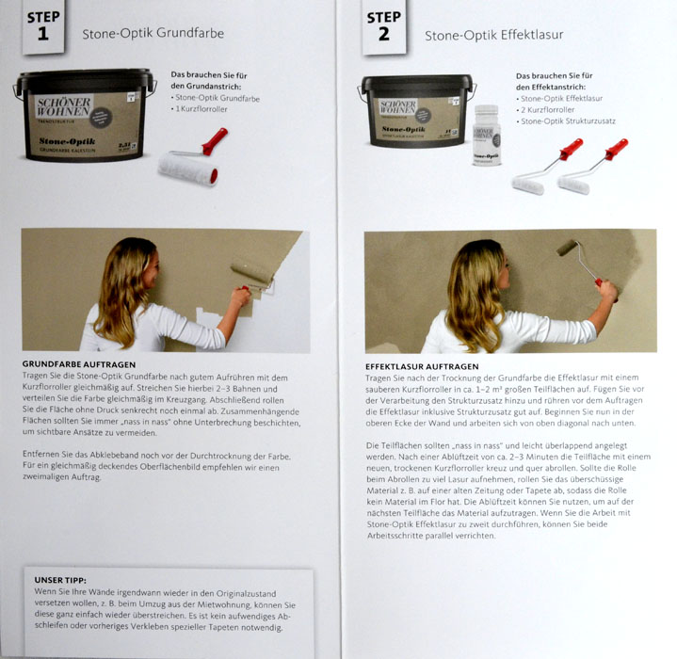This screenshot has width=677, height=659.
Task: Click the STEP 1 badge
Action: pyautogui.click(x=43, y=26)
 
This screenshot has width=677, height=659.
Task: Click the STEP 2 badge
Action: pyautogui.click(x=384, y=26)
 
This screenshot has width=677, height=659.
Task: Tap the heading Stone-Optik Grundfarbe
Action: pyautogui.click(x=153, y=33)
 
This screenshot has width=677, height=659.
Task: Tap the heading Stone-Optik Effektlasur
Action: pyautogui.click(x=494, y=35)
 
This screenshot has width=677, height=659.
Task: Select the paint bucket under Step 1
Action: pyautogui.click(x=84, y=114)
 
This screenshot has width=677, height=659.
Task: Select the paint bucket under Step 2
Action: pyautogui.click(x=416, y=111)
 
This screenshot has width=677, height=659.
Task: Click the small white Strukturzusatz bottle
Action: pyautogui.click(x=487, y=135)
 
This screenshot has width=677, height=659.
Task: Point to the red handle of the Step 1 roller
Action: pyautogui.click(x=215, y=140)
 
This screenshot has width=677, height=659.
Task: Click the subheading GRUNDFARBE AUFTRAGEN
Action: pyautogui.click(x=79, y=364)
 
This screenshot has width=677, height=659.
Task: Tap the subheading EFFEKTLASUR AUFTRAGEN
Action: pyautogui.click(x=422, y=366)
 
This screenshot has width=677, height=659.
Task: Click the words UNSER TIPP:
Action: pyautogui.click(x=60, y=580)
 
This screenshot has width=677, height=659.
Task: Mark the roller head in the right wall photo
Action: pyautogui.click(x=567, y=248)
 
